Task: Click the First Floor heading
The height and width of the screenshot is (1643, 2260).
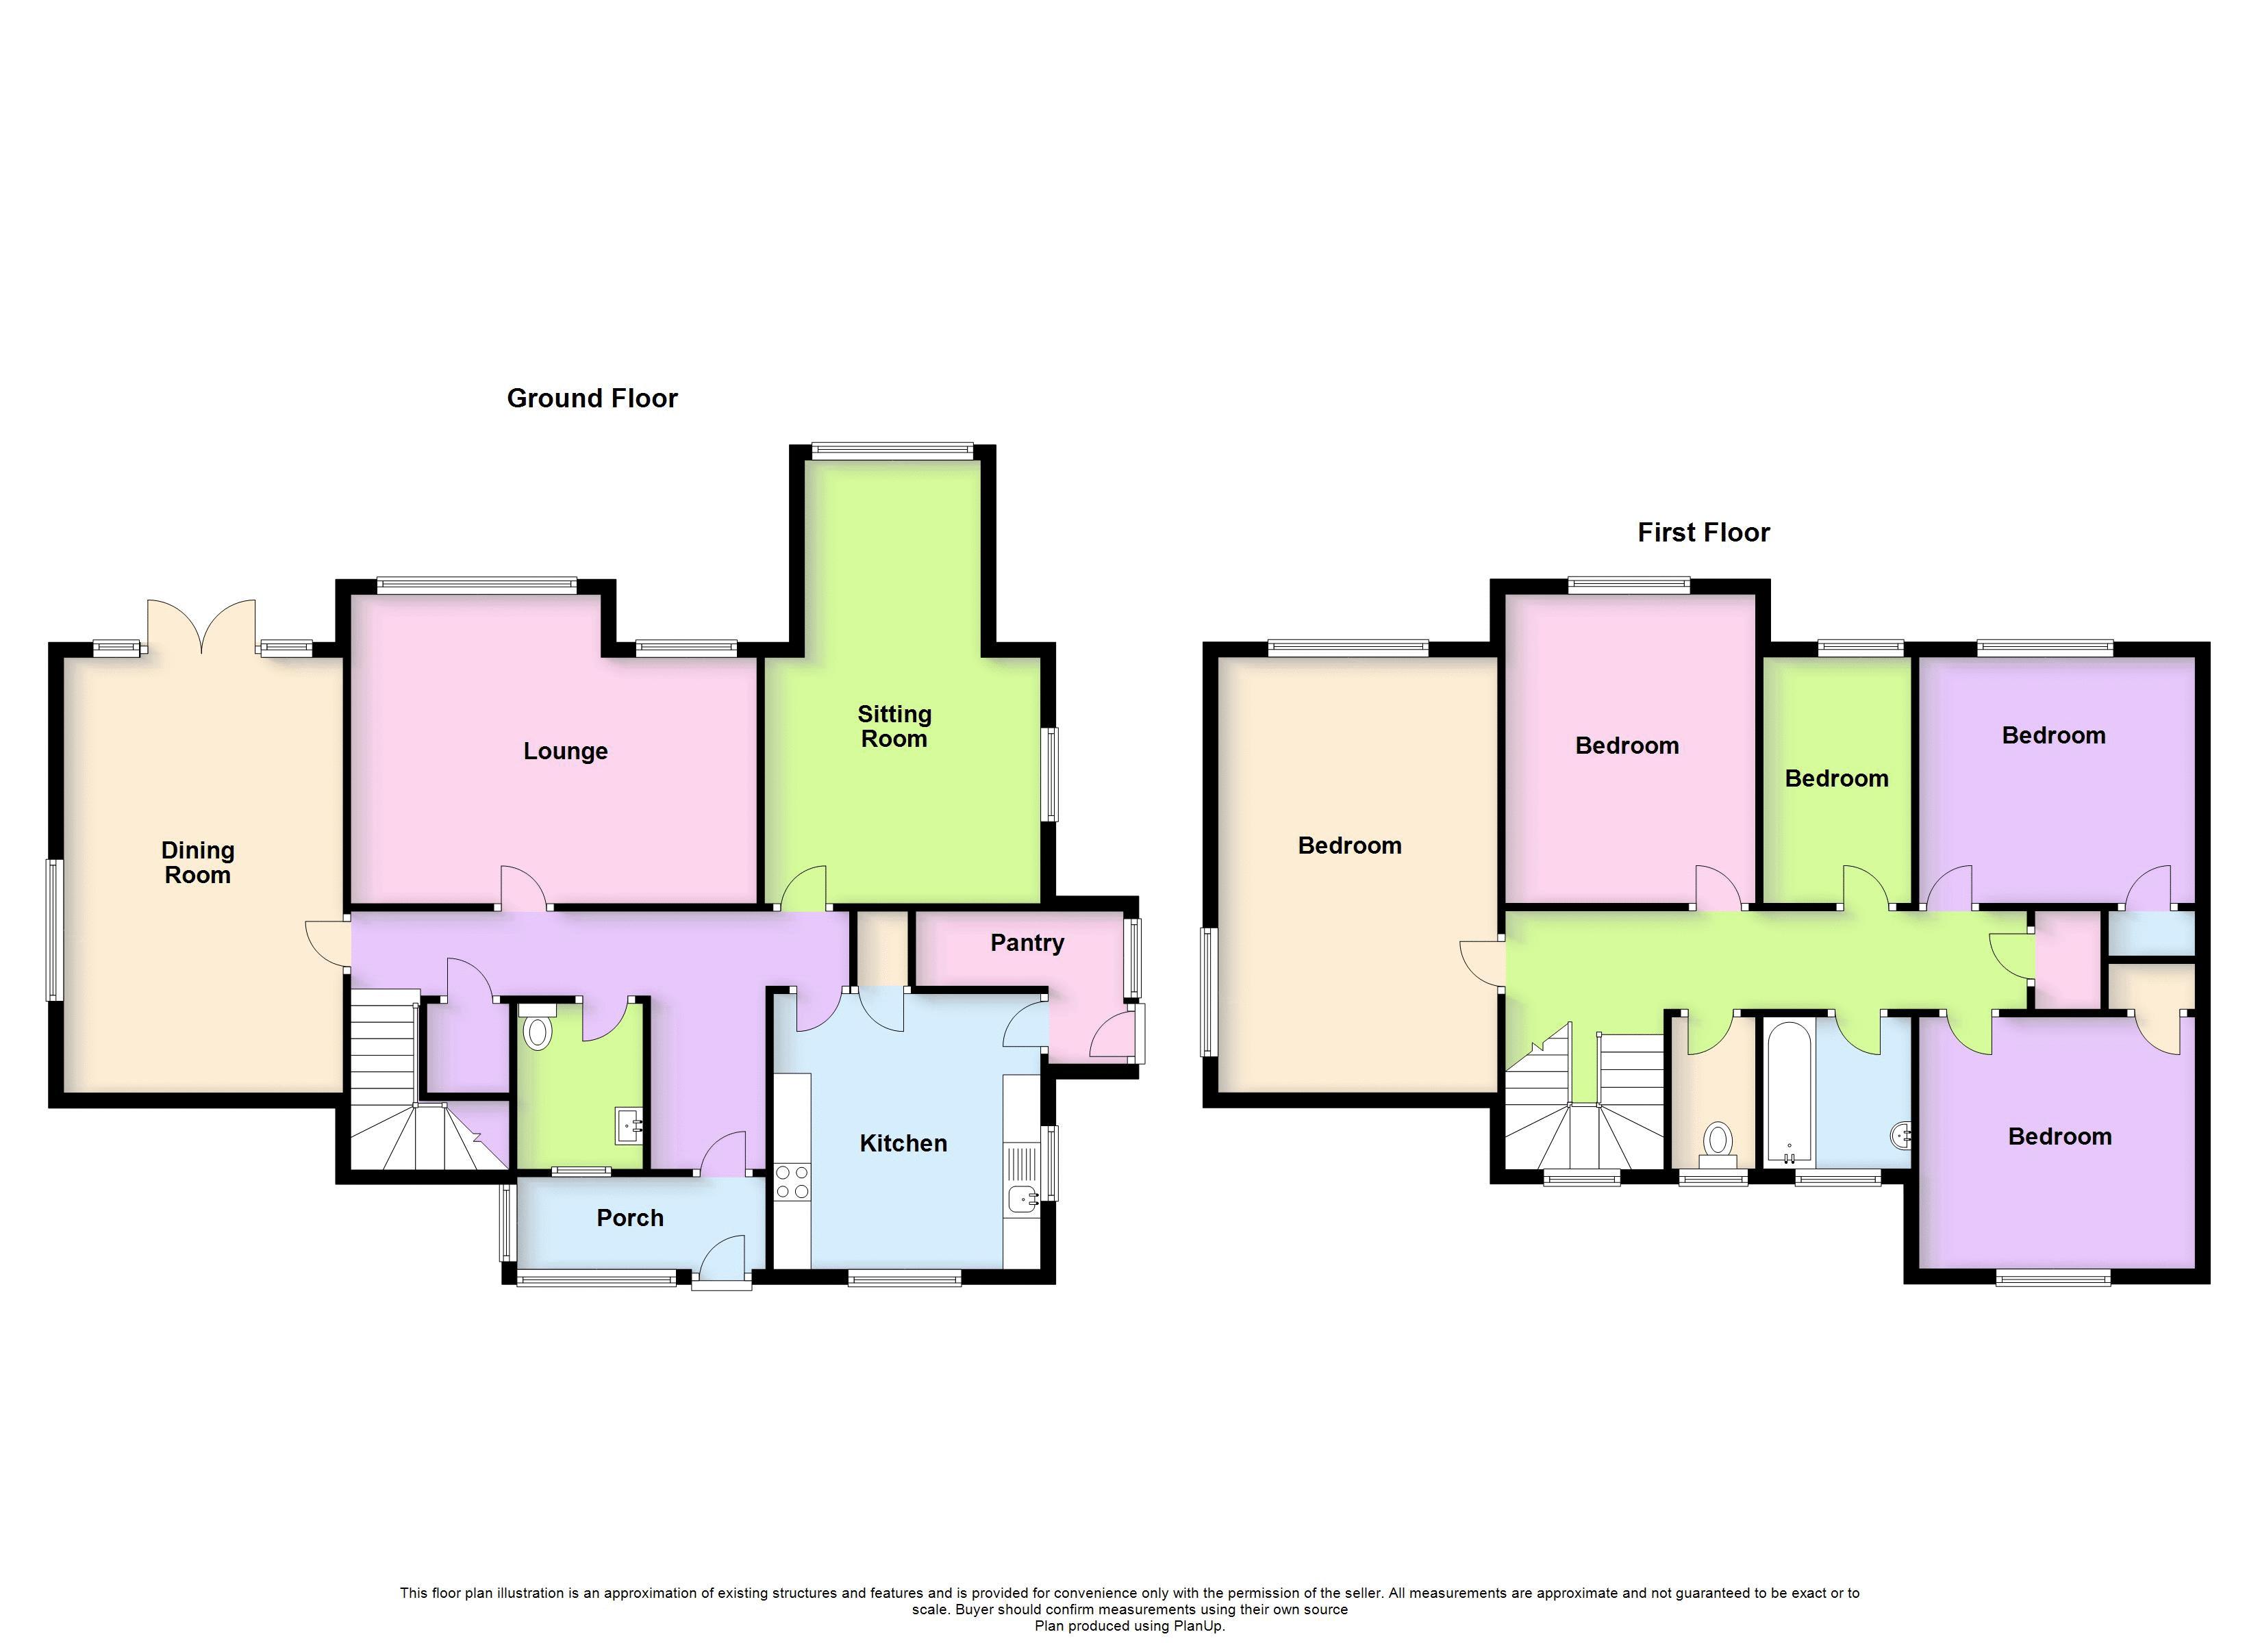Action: pos(1703,533)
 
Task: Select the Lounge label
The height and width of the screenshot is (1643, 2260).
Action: pos(565,751)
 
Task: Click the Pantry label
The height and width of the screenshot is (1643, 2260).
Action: pos(1027,943)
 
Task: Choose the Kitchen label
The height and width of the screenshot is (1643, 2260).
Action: pos(903,1143)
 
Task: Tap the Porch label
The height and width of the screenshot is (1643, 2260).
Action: pos(630,1218)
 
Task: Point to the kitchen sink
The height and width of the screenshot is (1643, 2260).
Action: pos(1021,1199)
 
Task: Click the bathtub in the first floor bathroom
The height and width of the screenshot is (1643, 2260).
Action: pos(1790,1093)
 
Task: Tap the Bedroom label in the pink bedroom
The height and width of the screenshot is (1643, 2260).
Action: pos(1627,746)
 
